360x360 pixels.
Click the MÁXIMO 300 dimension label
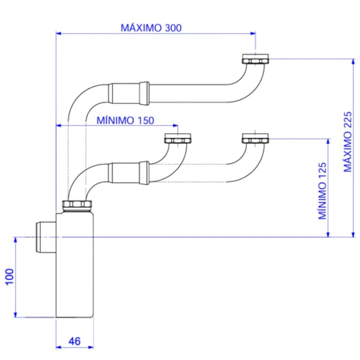pyautogui.click(x=151, y=28)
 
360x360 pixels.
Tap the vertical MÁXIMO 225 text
pyautogui.click(x=348, y=142)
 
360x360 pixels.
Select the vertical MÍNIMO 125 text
pyautogui.click(x=322, y=190)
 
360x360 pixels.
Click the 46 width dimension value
pyautogui.click(x=75, y=340)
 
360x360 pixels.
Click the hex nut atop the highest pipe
pyautogui.click(x=256, y=59)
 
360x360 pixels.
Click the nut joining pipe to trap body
pyautogui.click(x=77, y=206)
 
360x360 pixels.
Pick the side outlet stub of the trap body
pyautogui.click(x=45, y=236)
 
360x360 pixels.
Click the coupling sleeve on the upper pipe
pyautogui.click(x=129, y=93)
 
